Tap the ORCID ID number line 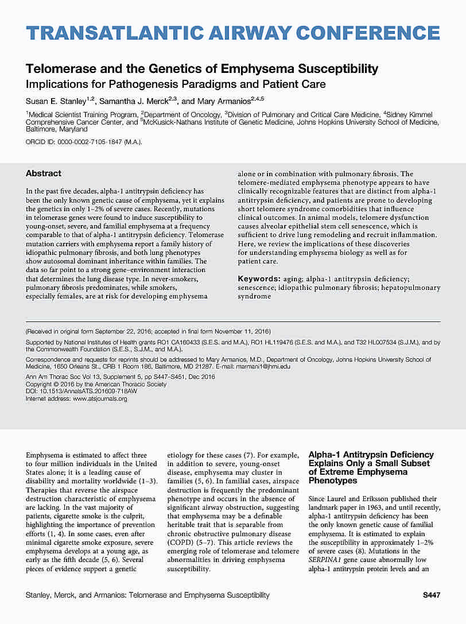(x=84, y=142)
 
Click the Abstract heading (x=44, y=173)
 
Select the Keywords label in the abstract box (x=259, y=279)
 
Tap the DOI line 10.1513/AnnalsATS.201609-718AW (x=81, y=392)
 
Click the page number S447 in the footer (x=431, y=595)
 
